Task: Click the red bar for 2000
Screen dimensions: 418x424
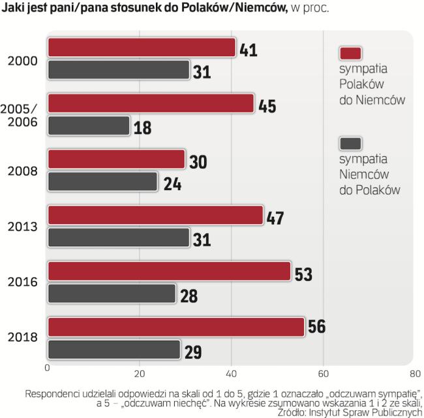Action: point(142,48)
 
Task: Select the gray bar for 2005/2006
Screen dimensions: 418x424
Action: point(89,125)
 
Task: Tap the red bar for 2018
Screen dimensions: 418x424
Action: point(176,327)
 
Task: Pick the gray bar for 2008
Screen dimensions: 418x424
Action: point(103,182)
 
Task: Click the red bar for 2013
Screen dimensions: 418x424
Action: point(156,215)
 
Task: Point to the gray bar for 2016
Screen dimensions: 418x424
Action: point(112,293)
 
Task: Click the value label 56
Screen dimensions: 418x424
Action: point(318,327)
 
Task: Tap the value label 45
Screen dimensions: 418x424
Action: point(267,104)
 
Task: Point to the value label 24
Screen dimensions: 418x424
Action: point(171,183)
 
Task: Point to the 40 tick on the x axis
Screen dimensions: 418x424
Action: point(231,374)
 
